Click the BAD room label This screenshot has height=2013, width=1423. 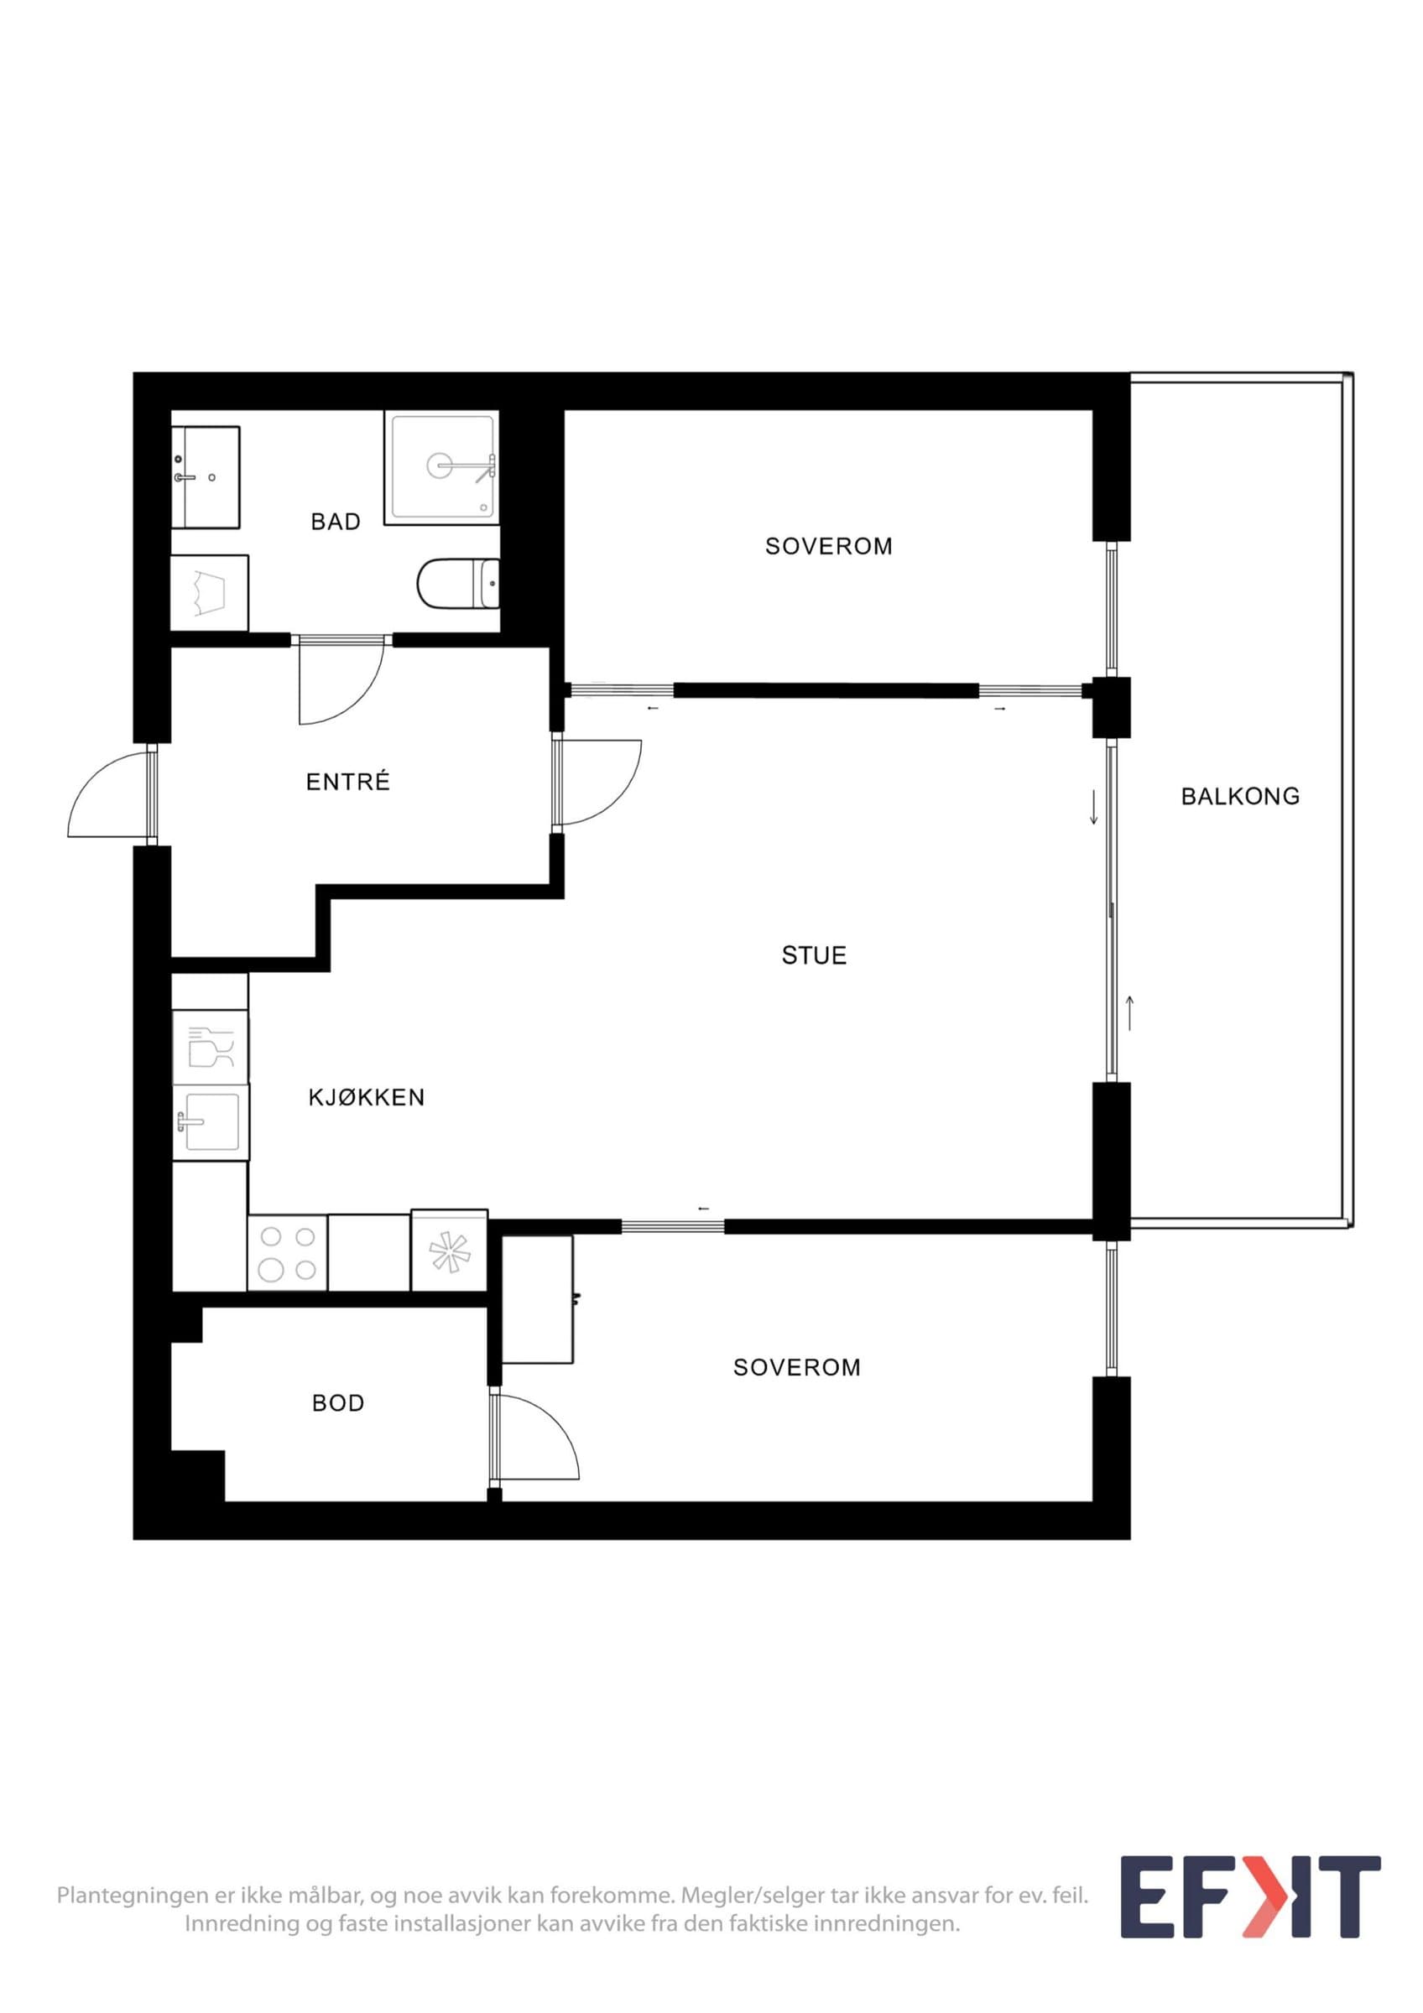[336, 522]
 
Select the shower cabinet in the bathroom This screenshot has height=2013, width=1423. [442, 466]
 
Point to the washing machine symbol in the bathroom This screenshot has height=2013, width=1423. [210, 593]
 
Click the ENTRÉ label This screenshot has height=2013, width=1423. [348, 782]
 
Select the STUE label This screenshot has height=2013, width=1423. [815, 955]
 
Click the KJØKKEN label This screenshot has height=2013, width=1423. [367, 1098]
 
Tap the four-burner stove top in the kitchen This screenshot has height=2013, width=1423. [288, 1253]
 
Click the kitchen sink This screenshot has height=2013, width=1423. [211, 1123]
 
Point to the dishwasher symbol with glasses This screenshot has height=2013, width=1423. [211, 1047]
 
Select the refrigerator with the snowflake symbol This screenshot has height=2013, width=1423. [449, 1251]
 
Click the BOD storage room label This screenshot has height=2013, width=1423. [338, 1404]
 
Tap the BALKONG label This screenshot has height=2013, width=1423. [1241, 797]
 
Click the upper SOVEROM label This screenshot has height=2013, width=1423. [830, 546]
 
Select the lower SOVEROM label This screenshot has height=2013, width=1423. [797, 1368]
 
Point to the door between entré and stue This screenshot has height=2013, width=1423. [598, 783]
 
